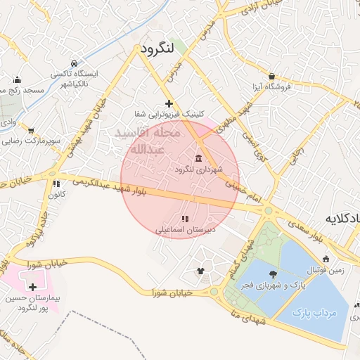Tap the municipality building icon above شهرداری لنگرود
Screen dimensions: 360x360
(x=200, y=157)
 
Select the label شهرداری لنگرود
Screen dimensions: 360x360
(x=200, y=169)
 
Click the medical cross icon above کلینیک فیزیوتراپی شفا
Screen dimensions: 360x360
(x=169, y=103)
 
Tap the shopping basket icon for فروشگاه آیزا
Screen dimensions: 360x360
(x=272, y=76)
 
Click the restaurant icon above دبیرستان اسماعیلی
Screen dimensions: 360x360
(x=184, y=219)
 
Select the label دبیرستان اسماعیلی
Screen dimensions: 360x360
(x=185, y=230)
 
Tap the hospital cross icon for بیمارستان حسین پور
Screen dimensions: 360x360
(x=32, y=286)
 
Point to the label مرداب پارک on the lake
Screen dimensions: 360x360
(x=314, y=311)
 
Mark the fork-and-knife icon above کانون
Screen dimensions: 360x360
(x=56, y=184)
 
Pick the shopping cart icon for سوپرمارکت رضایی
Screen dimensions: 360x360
(x=31, y=130)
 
